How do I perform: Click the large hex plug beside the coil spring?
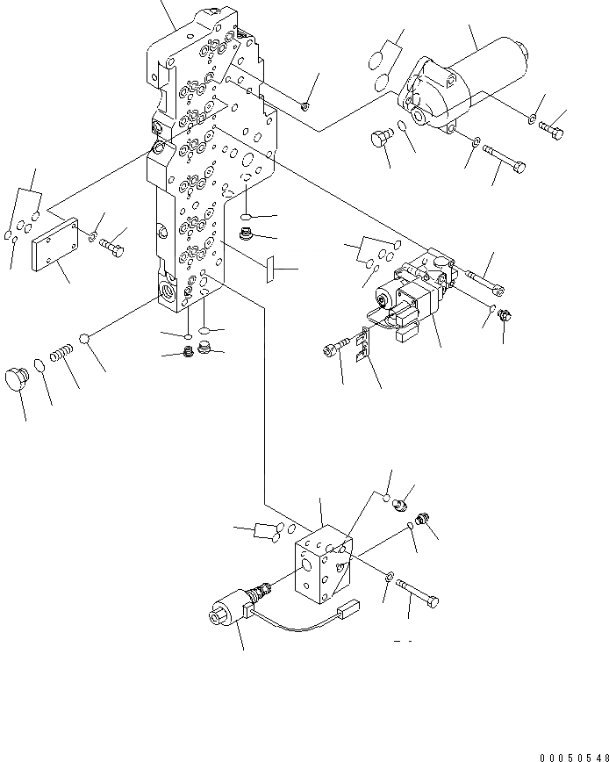[17, 379]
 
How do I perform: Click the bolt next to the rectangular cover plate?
[113, 245]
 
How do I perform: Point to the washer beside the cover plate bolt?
[92, 235]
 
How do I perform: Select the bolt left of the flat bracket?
[334, 349]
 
